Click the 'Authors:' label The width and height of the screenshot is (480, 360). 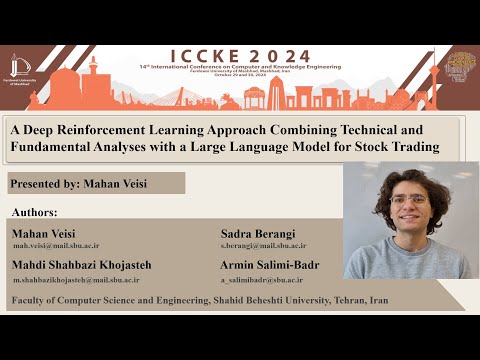[35, 213]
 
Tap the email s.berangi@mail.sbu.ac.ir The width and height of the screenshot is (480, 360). [263, 245]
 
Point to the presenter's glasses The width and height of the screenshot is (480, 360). [409, 200]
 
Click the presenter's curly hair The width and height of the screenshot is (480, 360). [410, 177]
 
